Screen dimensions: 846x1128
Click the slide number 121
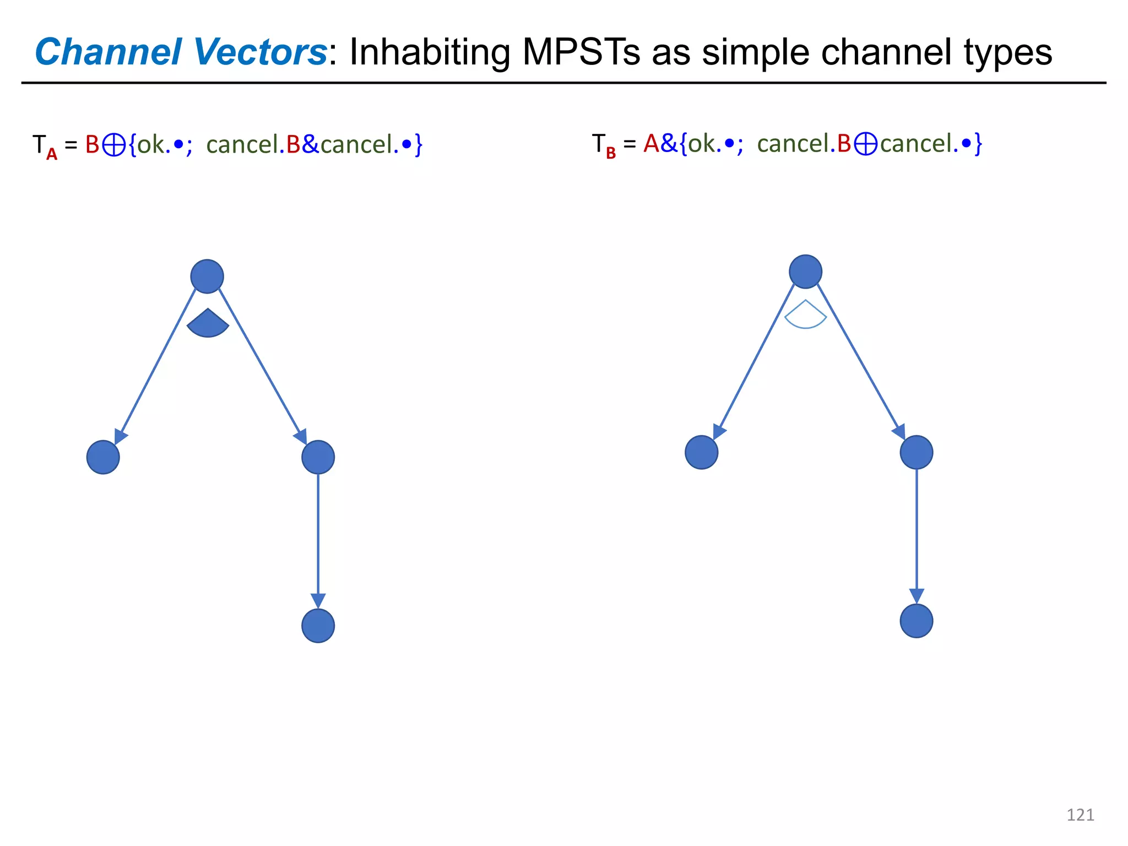[x=1080, y=815]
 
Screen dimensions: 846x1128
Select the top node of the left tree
[x=207, y=276]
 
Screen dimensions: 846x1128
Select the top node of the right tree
[x=805, y=272]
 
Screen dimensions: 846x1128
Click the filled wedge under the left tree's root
[x=208, y=324]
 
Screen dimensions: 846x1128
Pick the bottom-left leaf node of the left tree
[x=103, y=457]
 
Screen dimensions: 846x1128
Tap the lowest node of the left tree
[x=318, y=626]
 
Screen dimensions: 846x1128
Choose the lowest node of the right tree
[x=916, y=621]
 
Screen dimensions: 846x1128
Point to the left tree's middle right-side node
[x=318, y=457]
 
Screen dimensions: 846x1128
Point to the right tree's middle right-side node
[x=916, y=452]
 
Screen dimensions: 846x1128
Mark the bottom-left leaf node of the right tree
[x=701, y=452]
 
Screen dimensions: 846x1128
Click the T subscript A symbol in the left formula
[x=44, y=147]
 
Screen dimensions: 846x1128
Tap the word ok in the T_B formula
[x=702, y=144]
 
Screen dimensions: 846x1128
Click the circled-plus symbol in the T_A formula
[x=114, y=145]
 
